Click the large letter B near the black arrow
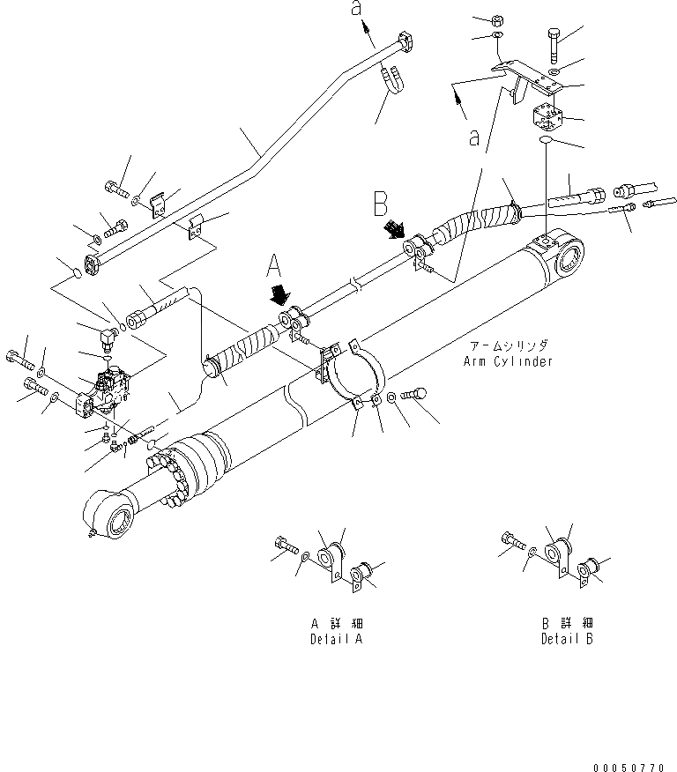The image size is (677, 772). pyautogui.click(x=381, y=206)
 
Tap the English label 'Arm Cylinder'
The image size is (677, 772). pyautogui.click(x=507, y=361)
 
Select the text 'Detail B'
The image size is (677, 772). pyautogui.click(x=567, y=639)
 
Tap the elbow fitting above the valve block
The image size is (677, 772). pyautogui.click(x=108, y=335)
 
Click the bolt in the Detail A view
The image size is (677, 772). pyautogui.click(x=284, y=546)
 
